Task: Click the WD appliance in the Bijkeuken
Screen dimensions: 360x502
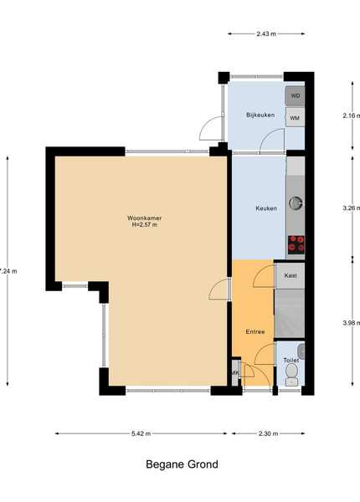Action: tap(295, 95)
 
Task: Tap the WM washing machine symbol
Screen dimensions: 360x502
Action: tap(295, 117)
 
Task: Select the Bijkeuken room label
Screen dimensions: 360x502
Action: tap(260, 115)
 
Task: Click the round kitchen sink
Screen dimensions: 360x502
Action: tap(296, 203)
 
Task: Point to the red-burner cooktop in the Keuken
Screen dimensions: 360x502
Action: tap(296, 245)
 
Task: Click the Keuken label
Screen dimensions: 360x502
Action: tap(266, 208)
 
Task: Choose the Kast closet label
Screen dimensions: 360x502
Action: tap(291, 275)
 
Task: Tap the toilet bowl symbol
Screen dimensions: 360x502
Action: tap(291, 375)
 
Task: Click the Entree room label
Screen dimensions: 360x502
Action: tap(255, 331)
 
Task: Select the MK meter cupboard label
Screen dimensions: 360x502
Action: tap(235, 372)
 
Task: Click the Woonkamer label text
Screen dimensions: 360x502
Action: tap(145, 218)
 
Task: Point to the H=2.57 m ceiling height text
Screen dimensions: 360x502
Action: tap(145, 225)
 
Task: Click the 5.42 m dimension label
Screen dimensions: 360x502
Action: tap(141, 433)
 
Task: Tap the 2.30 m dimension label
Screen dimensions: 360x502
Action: tap(269, 433)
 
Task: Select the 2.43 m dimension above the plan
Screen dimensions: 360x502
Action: tap(266, 33)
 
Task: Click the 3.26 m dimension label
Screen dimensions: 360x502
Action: tap(351, 208)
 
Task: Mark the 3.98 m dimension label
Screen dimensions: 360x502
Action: tap(351, 323)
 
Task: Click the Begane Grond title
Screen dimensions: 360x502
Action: tap(182, 464)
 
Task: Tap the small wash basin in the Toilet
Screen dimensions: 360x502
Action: tap(301, 351)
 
